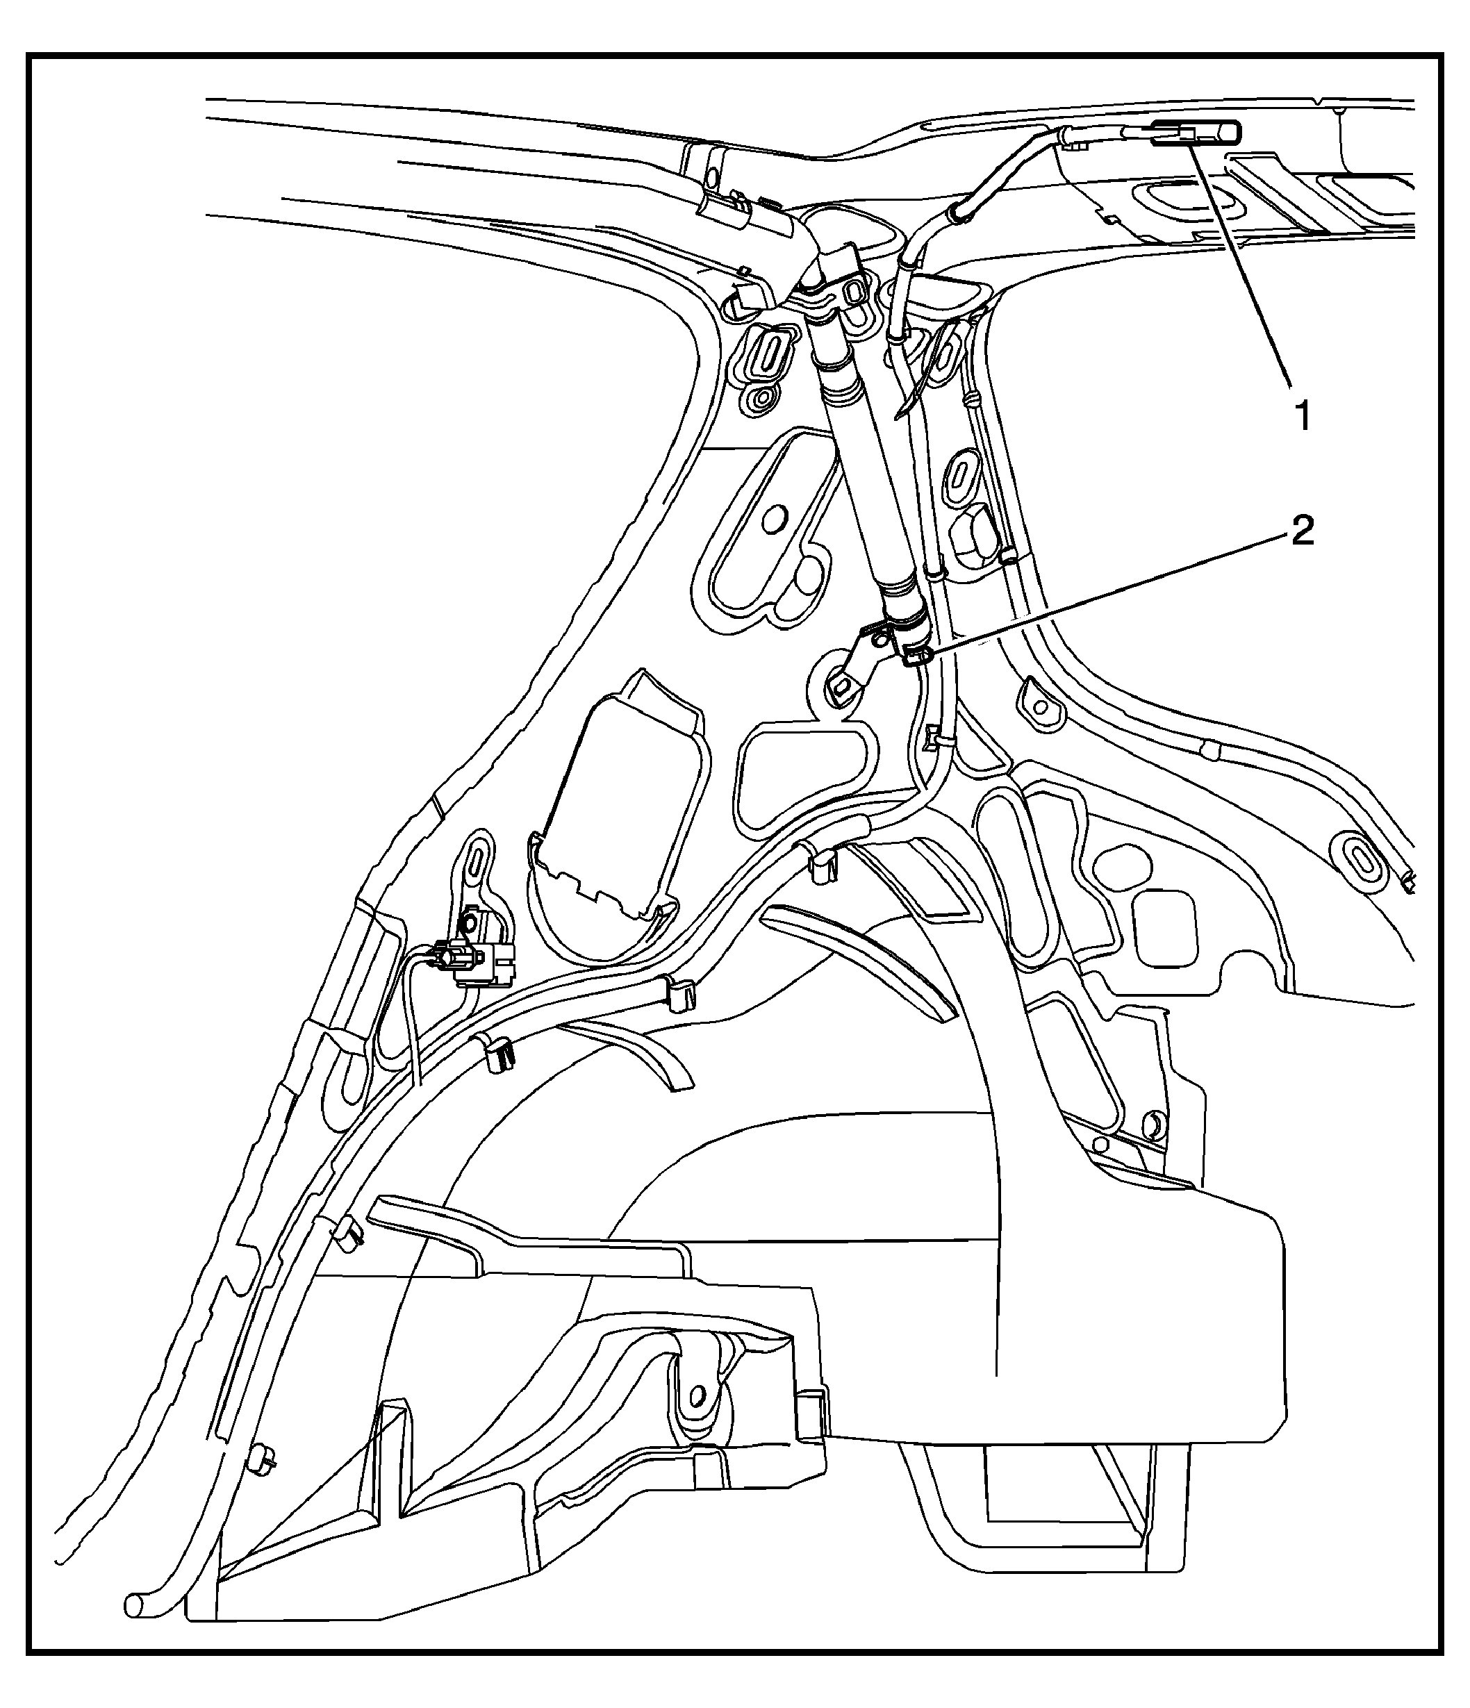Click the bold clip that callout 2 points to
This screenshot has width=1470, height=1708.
coord(918,657)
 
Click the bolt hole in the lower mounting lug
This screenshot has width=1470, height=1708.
coord(697,1394)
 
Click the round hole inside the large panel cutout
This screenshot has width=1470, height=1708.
coord(773,520)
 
